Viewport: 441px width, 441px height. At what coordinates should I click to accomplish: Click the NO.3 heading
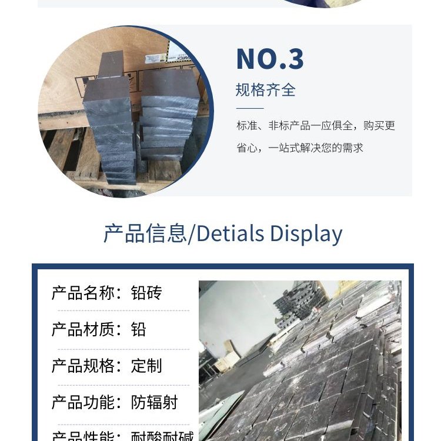click(270, 59)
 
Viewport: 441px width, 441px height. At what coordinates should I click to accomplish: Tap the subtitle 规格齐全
click(265, 90)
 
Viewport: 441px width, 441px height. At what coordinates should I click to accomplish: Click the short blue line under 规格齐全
click(250, 108)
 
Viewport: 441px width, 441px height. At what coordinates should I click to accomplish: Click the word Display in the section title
click(306, 233)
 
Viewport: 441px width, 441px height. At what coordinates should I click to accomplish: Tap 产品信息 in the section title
click(145, 233)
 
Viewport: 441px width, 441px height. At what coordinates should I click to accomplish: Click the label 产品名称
click(83, 293)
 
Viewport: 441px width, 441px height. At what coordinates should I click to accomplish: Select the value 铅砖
click(146, 293)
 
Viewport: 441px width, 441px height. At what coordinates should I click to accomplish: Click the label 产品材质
click(83, 329)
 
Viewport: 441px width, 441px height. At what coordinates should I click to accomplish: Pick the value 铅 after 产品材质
click(139, 329)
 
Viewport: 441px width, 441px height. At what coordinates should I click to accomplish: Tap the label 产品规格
click(83, 366)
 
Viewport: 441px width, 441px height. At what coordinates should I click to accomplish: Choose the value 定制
click(146, 366)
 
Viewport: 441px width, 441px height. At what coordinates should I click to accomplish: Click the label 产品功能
click(83, 402)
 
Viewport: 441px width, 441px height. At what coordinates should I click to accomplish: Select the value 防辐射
click(154, 402)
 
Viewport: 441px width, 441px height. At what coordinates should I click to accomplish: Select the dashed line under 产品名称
click(121, 310)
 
